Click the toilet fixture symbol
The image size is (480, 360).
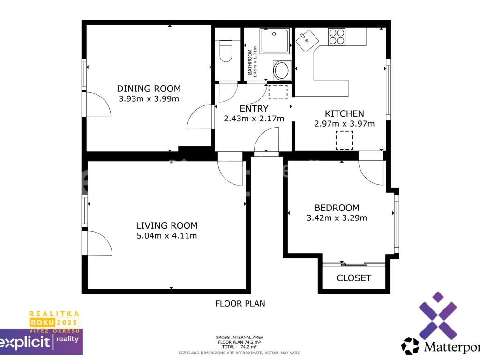tap(226, 51)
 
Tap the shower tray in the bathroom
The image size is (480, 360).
tap(275, 41)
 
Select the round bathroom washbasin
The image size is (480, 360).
tap(282, 70)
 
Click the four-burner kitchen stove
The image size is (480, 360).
tap(337, 37)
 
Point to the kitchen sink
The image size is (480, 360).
tap(307, 41)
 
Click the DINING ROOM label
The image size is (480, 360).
tap(149, 89)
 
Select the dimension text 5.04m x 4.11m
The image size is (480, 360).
tap(167, 236)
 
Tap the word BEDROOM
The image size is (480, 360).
tap(337, 208)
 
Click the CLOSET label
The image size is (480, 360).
tap(354, 278)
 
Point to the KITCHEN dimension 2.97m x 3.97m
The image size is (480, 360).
tap(345, 124)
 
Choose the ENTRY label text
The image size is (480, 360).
tap(254, 109)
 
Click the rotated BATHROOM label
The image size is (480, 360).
tap(250, 62)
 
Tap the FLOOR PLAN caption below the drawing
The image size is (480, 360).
tap(240, 304)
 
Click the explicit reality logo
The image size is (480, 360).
tap(41, 341)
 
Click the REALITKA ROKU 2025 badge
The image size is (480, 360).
tap(54, 322)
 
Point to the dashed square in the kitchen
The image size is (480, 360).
tap(345, 140)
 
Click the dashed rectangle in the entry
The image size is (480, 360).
tap(278, 92)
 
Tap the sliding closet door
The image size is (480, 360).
tap(354, 264)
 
